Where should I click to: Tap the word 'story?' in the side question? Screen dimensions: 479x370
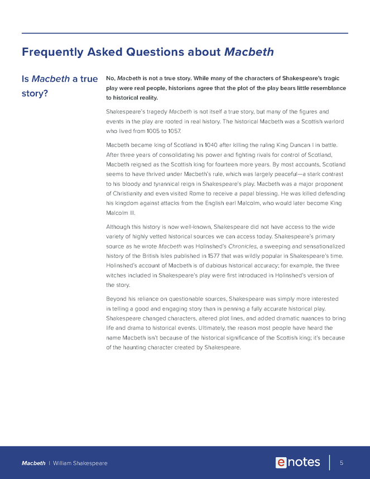point(35,93)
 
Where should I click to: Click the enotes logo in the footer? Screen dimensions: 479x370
point(298,462)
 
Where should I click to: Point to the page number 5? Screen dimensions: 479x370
point(341,463)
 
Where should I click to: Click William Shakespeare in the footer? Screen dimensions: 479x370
point(80,463)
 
